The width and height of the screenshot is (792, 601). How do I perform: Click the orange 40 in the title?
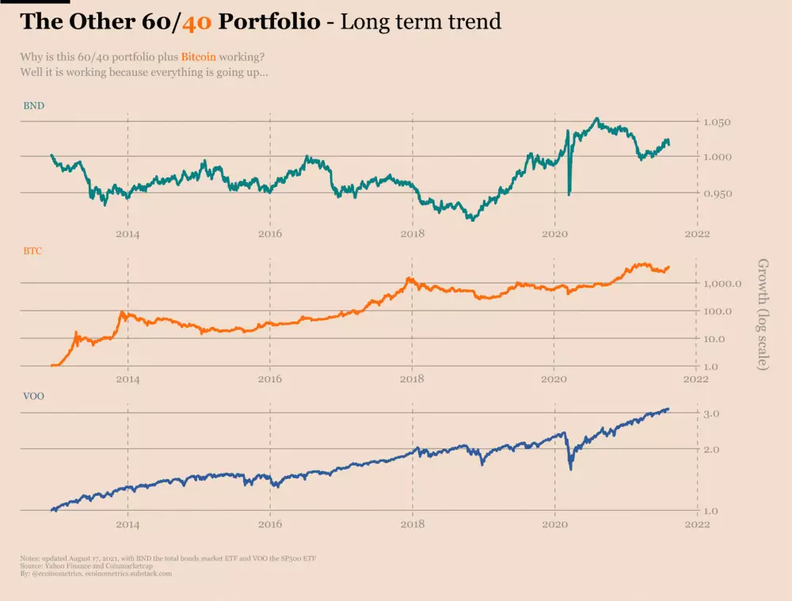coord(196,21)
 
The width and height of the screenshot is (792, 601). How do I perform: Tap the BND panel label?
coord(33,105)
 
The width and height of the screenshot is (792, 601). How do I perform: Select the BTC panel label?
coord(32,250)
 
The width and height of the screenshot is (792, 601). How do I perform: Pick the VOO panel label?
coord(33,395)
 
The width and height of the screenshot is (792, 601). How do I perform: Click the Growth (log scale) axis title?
coord(763,314)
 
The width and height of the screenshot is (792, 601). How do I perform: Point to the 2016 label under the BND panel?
coord(270,234)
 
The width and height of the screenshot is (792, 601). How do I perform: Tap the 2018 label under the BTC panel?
coord(412,379)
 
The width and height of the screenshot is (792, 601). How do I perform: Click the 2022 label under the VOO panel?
coord(696,524)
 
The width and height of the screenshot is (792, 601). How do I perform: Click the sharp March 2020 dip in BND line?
coord(569,192)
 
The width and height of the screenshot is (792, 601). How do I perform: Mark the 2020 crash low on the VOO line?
coord(571,469)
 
